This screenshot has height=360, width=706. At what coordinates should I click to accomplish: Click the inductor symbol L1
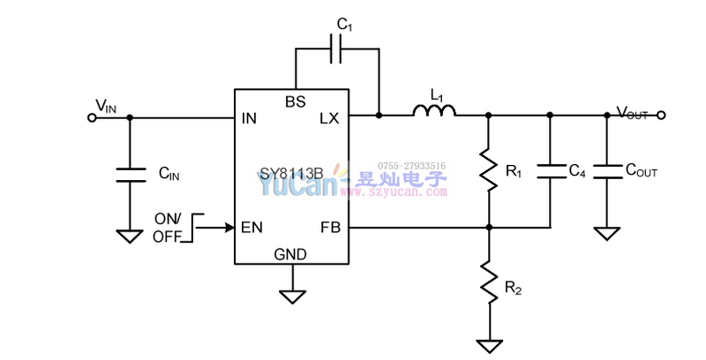434,111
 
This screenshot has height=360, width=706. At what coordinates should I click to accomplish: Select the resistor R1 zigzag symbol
487,170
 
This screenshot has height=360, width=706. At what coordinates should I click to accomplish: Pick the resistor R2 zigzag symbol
487,281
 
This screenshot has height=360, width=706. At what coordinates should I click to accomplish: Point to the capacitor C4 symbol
550,170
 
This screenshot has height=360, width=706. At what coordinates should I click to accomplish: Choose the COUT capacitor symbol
606,170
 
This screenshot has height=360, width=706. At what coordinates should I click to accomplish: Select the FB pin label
330,228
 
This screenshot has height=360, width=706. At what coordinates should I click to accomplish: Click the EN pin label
252,228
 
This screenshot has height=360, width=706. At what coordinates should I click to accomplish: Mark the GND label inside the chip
290,254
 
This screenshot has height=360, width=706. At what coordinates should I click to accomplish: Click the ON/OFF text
167,228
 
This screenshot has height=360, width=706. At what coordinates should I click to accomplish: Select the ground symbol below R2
487,345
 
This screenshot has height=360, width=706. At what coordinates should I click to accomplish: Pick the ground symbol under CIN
130,236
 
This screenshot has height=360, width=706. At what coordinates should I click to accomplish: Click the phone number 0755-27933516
412,165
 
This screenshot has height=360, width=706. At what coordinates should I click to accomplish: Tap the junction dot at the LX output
379,116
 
